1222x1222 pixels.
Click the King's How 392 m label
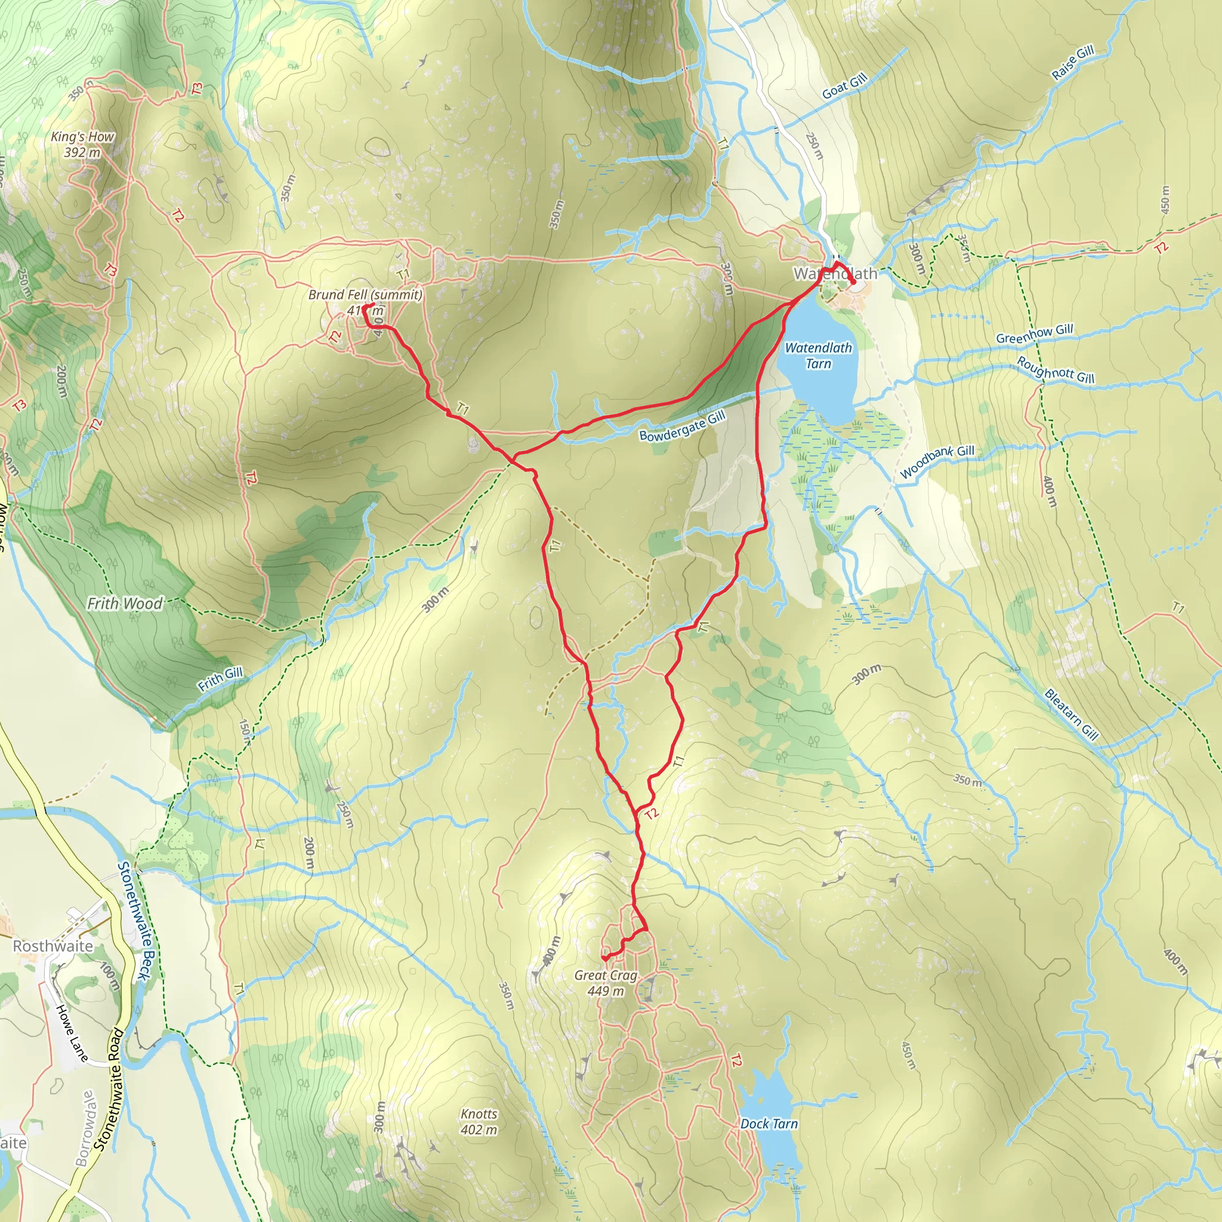coord(83,144)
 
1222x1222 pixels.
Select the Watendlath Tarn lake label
coord(818,356)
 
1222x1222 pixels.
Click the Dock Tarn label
coord(769,1124)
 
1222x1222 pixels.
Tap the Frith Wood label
coord(125,603)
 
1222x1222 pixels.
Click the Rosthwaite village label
coord(53,946)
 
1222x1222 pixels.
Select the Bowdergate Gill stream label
coord(682,426)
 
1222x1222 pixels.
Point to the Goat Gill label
coord(844,86)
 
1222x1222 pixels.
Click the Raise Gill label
coord(1073,63)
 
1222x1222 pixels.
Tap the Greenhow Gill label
coord(1035,334)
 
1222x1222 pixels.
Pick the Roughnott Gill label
coord(1055,369)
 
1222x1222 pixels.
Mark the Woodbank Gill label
coord(937,461)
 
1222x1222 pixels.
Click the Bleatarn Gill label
coord(1072,714)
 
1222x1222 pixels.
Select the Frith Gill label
coord(220,678)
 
